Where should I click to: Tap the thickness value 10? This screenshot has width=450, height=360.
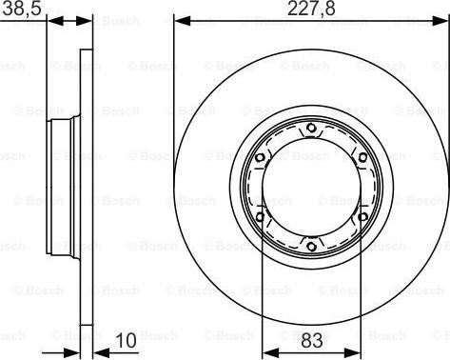(126, 340)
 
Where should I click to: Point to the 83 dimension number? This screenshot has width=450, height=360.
(311, 340)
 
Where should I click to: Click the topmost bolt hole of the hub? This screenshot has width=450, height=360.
(311, 130)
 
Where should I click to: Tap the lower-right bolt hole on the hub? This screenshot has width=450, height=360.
(362, 218)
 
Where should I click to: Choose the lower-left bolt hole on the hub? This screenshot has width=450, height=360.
(260, 218)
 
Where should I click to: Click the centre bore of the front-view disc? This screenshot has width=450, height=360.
(311, 189)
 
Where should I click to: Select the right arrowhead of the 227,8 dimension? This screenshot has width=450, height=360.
(442, 19)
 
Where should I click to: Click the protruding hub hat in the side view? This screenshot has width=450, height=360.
(62, 189)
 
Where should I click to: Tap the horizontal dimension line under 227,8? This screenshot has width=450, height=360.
(311, 19)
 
